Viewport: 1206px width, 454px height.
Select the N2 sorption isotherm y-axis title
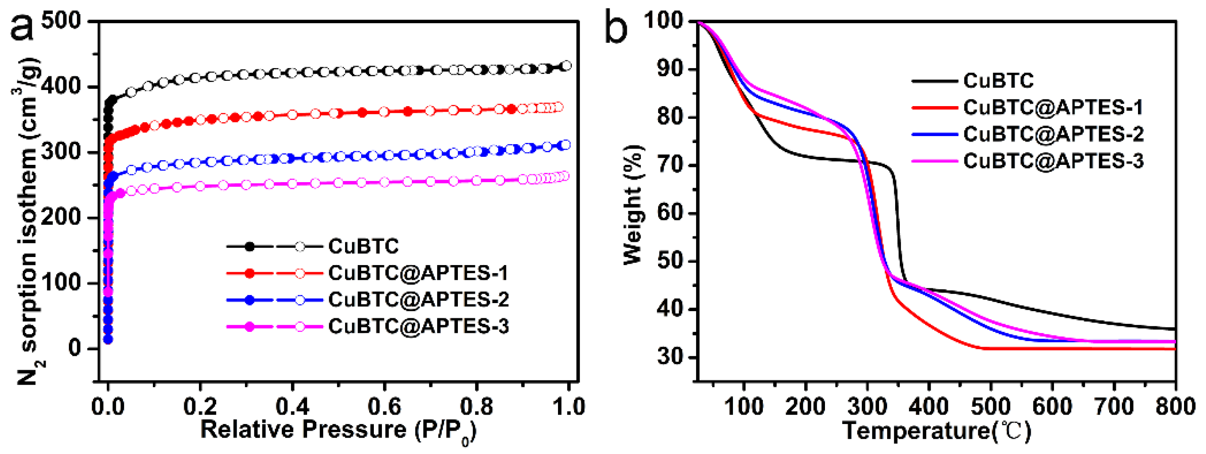(x=28, y=220)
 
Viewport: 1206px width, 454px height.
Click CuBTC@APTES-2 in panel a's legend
(x=418, y=299)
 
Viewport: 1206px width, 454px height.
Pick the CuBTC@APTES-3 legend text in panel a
(x=418, y=326)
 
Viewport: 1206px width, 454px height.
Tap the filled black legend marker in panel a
(x=250, y=246)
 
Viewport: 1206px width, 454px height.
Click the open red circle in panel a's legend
(x=300, y=273)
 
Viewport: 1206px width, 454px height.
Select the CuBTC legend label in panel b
(x=998, y=81)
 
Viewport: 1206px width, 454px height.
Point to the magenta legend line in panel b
(x=934, y=161)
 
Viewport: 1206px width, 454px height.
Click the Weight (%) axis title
(x=633, y=205)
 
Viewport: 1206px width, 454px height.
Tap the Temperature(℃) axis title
(x=936, y=430)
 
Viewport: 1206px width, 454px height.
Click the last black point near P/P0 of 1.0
(x=566, y=66)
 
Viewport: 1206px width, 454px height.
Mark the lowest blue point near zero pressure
(x=108, y=339)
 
